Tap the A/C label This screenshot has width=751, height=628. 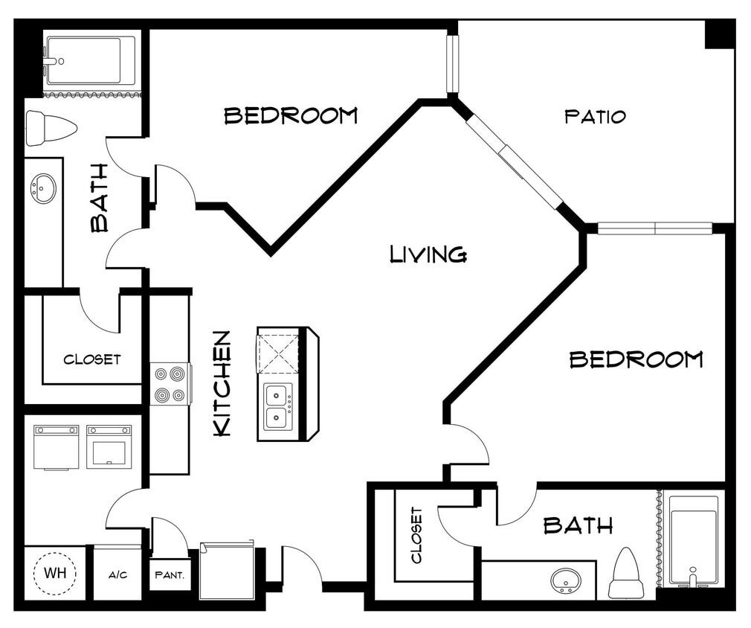[117, 574]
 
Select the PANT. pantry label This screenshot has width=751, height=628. [170, 574]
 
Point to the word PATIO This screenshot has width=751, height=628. [595, 116]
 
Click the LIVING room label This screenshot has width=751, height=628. [428, 254]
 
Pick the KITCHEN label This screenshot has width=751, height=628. [222, 383]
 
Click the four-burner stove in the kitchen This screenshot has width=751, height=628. [170, 384]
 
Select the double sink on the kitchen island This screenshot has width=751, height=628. [279, 407]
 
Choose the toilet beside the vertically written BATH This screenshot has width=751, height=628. [51, 128]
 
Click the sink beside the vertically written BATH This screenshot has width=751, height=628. [43, 188]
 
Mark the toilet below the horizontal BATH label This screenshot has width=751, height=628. [626, 574]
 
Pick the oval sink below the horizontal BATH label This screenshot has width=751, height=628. [566, 579]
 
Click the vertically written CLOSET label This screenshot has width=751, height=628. [416, 535]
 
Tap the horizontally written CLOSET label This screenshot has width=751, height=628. [91, 359]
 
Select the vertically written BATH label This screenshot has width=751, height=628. [99, 197]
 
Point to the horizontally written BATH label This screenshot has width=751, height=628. [578, 526]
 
